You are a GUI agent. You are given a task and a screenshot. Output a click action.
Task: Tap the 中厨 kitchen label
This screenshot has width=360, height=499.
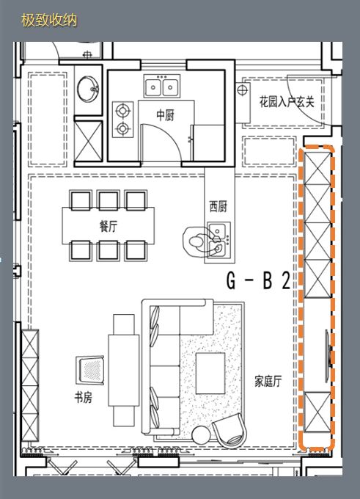tap(165, 115)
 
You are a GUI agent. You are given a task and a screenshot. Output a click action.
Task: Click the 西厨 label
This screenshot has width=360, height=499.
tap(218, 207)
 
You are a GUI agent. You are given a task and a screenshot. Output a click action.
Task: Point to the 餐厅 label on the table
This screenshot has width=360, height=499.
tap(109, 227)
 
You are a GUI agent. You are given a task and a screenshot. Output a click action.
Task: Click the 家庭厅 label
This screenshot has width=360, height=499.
tap(268, 381)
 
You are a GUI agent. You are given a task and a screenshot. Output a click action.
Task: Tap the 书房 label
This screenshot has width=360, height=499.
tap(82, 397)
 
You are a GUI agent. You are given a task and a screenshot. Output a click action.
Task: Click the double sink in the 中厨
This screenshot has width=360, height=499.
tap(162, 87)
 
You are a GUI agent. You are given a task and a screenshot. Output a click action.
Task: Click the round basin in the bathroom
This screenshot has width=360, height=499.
tap(89, 89)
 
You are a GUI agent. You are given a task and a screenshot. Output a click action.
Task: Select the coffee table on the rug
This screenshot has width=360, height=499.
tap(210, 371)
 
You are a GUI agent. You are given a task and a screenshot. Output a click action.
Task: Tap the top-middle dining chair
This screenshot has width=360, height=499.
tap(109, 200)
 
